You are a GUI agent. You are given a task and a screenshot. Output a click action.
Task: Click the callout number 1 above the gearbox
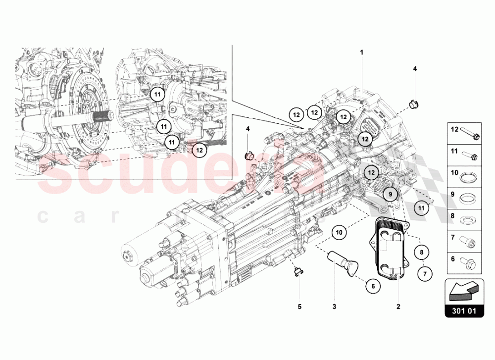362,52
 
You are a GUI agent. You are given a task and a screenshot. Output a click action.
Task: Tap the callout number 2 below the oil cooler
397,307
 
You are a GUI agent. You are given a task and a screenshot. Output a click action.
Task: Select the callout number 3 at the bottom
334,307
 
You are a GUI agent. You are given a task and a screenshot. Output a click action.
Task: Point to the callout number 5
299,307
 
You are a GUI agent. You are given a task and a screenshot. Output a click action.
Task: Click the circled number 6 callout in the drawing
374,285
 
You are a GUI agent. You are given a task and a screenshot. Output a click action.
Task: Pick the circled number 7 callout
424,272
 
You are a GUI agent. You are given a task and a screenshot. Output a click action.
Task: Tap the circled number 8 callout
421,253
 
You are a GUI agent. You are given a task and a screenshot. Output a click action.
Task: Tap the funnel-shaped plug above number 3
343,261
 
